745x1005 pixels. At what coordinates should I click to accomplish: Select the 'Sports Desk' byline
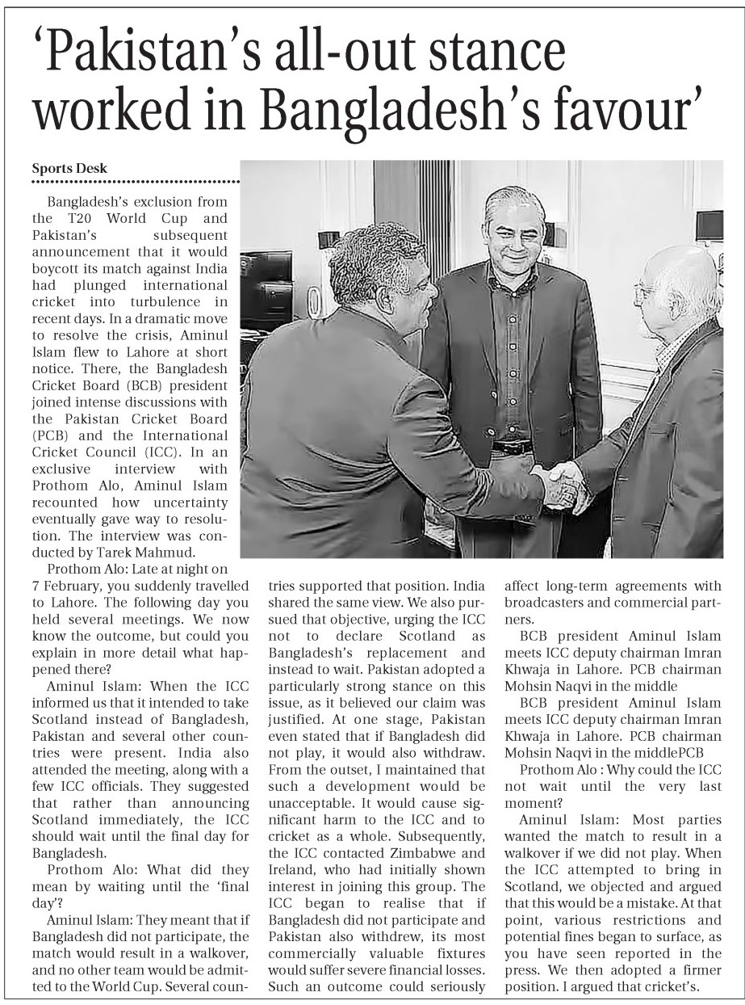(69, 168)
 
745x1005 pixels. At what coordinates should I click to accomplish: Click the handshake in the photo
(562, 484)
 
